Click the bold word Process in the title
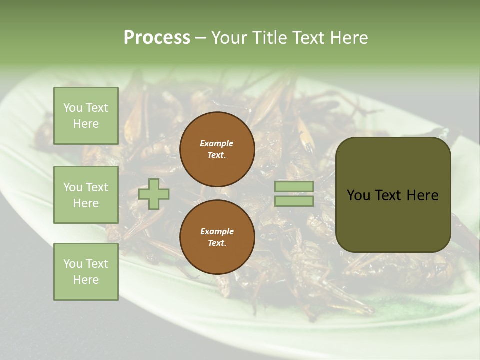[157, 38]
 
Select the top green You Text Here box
[86, 116]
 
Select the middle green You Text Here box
[86, 195]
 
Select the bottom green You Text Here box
[86, 272]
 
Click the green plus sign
[154, 194]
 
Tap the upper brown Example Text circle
[217, 149]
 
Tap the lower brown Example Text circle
[217, 237]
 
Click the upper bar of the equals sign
[294, 187]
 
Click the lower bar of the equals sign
[294, 201]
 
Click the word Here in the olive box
[422, 195]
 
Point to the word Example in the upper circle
[217, 144]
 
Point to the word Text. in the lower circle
[217, 243]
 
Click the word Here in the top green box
[86, 124]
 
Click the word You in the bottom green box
[72, 264]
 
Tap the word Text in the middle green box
[97, 187]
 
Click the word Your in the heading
[229, 38]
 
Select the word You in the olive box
[358, 195]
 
